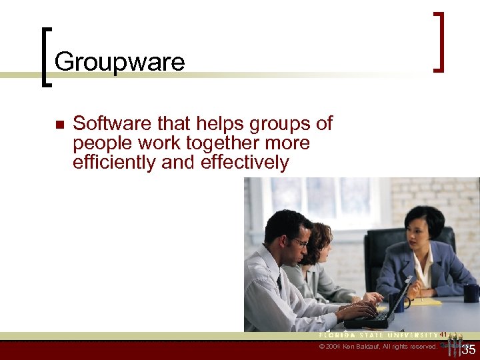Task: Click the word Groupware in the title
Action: [x=119, y=62]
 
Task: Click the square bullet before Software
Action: [x=59, y=125]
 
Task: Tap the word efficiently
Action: [x=113, y=162]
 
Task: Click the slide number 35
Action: [x=469, y=349]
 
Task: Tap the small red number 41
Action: [x=443, y=334]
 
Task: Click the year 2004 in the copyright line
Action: [x=335, y=347]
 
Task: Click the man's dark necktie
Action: [x=279, y=283]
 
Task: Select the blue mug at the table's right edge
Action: [x=471, y=293]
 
